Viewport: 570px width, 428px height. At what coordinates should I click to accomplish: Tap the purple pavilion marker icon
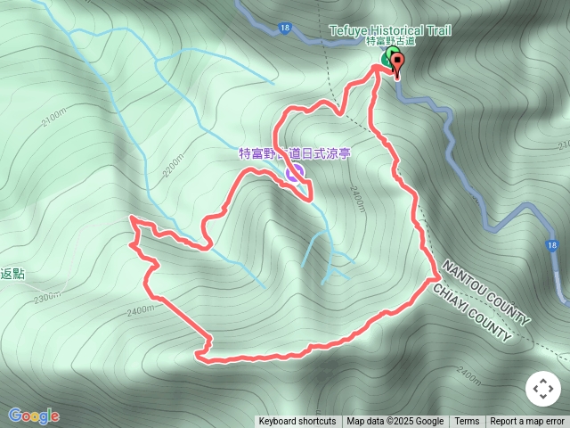tap(294, 173)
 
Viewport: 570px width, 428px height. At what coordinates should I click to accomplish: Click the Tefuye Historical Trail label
tap(390, 30)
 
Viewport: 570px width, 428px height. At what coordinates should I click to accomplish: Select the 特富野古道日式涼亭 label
tap(295, 153)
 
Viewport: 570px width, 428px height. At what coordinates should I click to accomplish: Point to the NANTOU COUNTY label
tap(485, 293)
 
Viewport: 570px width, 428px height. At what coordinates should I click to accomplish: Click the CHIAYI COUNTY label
tap(472, 314)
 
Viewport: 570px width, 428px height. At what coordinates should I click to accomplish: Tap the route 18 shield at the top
tap(283, 29)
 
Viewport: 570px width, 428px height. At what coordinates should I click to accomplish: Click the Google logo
tap(34, 416)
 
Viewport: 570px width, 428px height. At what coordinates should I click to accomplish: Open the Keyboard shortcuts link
tap(297, 422)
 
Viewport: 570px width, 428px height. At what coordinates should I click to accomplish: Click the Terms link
tap(467, 422)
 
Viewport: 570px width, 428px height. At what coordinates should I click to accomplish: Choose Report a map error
tap(527, 422)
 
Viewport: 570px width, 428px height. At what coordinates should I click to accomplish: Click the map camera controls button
tap(542, 389)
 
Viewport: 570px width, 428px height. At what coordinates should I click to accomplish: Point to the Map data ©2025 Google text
tap(395, 422)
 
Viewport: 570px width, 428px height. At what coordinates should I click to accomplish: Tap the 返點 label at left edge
tap(12, 274)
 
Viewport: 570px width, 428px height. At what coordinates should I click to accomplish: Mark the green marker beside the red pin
tap(387, 60)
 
